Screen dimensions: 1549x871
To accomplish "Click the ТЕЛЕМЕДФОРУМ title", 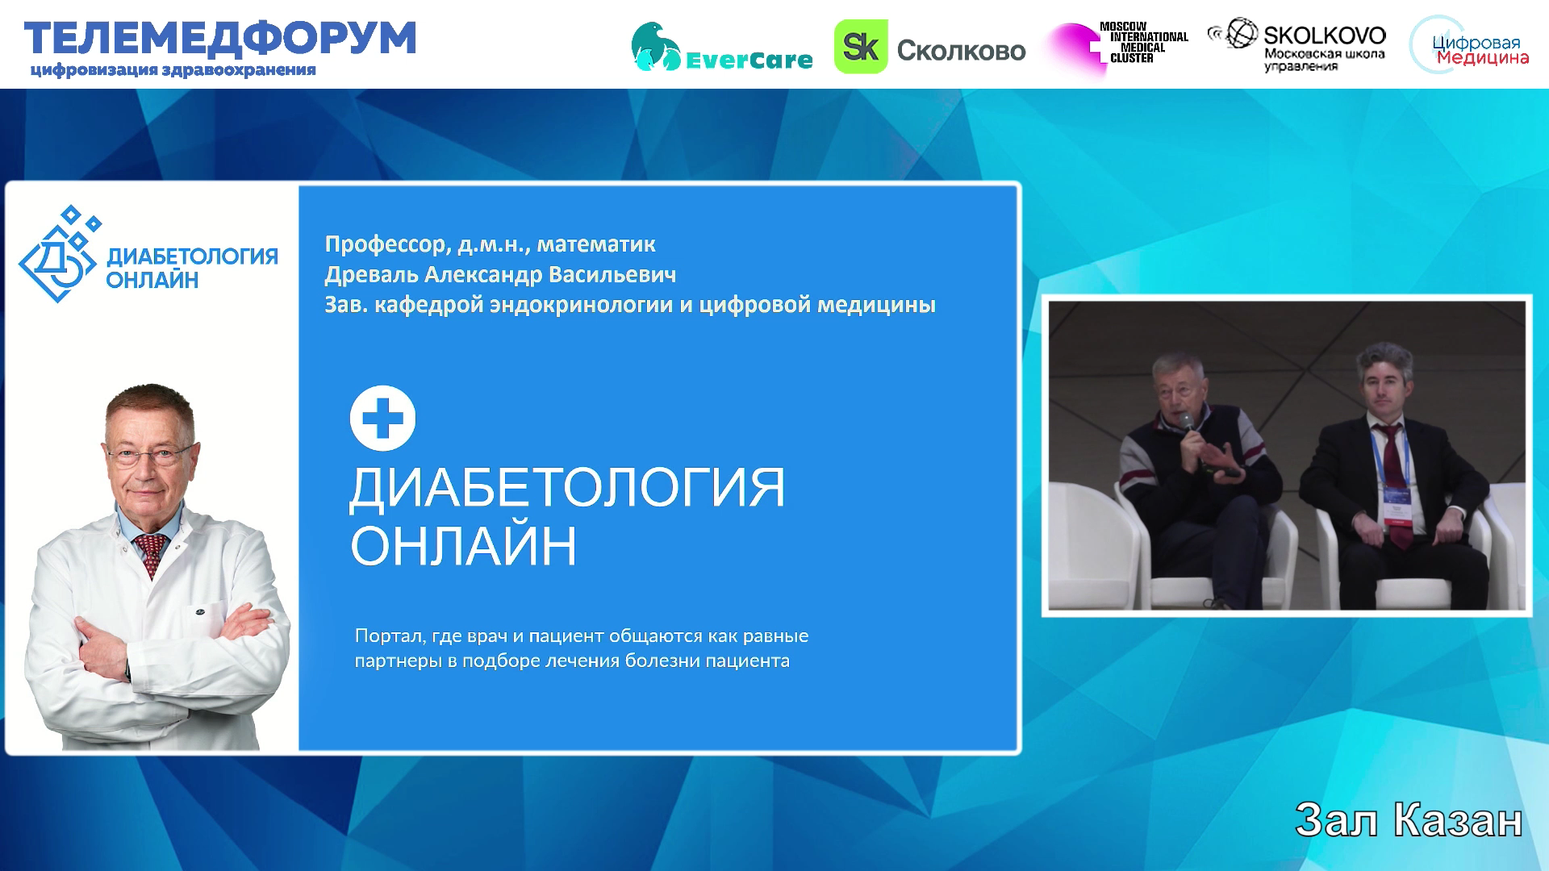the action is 220,39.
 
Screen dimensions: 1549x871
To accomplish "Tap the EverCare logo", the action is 721,47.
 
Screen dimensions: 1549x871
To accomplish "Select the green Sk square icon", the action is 860,47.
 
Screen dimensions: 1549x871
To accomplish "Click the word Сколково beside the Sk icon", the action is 961,51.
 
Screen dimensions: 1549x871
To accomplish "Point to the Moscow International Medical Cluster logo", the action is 1118,46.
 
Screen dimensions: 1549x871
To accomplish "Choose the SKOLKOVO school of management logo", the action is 1297,44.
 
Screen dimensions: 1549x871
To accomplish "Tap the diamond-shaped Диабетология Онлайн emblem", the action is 61,255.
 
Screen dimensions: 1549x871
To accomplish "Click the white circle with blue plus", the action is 382,419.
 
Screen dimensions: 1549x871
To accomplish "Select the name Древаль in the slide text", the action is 371,275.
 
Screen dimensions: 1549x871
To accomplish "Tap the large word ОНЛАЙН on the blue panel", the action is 464,546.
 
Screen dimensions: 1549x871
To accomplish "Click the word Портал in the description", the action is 390,636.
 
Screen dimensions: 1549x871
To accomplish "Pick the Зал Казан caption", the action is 1409,821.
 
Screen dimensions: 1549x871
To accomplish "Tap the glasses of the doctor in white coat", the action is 150,455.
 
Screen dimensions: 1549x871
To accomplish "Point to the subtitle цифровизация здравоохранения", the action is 173,70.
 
